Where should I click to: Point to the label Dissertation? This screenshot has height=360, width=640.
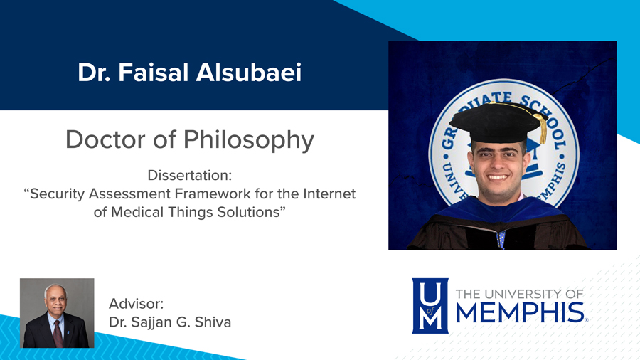pyautogui.click(x=190, y=175)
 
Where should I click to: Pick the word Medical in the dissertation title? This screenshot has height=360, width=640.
pyautogui.click(x=140, y=212)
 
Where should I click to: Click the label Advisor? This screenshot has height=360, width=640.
pyautogui.click(x=137, y=304)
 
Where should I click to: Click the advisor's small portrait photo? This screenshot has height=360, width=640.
pyautogui.click(x=57, y=313)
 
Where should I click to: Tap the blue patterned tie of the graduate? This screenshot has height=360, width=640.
pyautogui.click(x=501, y=238)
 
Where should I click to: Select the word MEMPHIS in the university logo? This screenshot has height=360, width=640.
pyautogui.click(x=518, y=312)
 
